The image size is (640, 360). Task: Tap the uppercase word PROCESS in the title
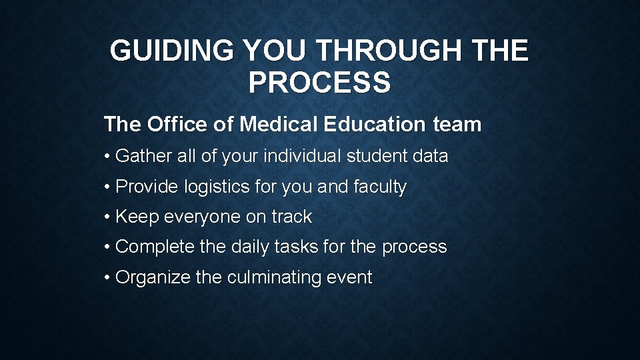319,83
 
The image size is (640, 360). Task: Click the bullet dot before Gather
107,157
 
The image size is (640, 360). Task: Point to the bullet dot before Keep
107,217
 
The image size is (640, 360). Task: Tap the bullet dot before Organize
107,277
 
